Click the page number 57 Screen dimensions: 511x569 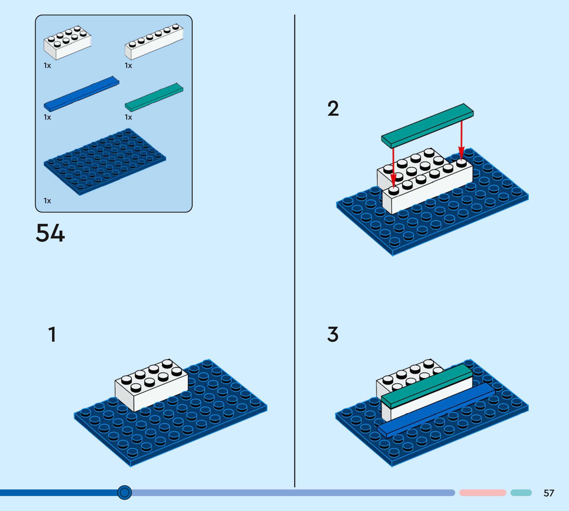coord(548,493)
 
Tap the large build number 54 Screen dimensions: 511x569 coord(50,233)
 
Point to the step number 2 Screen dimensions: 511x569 coord(333,109)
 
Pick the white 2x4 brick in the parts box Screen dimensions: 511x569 coord(67,43)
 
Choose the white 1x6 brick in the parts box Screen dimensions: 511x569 coord(154,42)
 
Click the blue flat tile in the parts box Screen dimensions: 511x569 coord(81,94)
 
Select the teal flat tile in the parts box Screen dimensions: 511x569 coord(154,97)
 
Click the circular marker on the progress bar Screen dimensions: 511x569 coord(124,492)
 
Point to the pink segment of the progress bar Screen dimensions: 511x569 coord(483,493)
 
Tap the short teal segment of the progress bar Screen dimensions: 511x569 coord(521,493)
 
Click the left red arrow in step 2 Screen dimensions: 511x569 coord(393,168)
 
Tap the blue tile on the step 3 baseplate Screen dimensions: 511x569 coord(436,410)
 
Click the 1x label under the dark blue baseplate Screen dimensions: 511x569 coord(47,201)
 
